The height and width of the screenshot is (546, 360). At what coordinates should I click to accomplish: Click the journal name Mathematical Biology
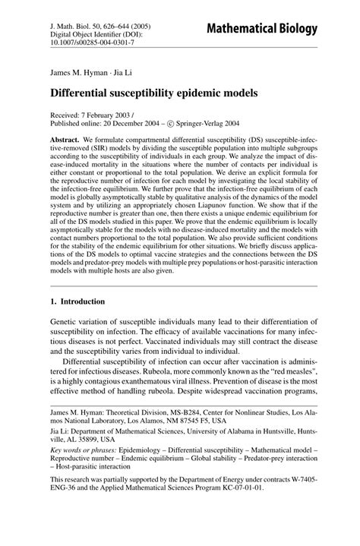click(274, 29)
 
